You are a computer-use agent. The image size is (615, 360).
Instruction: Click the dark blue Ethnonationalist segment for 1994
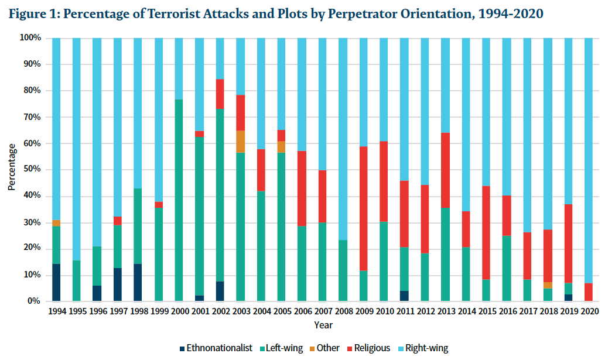(57, 282)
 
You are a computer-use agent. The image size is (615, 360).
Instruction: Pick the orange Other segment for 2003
(240, 142)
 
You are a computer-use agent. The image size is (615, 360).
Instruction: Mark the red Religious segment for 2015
(486, 232)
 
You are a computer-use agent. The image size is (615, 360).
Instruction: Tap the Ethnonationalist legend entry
(216, 348)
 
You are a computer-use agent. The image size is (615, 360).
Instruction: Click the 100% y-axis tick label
(30, 38)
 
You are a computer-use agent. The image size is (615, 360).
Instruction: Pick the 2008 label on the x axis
(343, 311)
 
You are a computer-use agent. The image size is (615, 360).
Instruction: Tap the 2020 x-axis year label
(589, 311)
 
